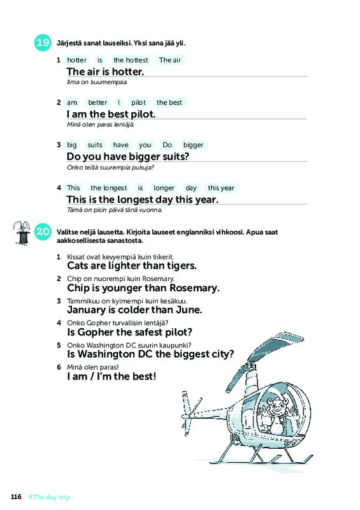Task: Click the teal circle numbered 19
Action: click(43, 43)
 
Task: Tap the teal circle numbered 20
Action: click(43, 231)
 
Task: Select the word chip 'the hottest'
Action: click(131, 60)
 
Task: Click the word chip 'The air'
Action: click(169, 60)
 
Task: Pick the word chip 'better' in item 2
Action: click(97, 103)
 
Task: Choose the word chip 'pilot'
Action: click(138, 103)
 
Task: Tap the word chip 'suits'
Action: click(95, 145)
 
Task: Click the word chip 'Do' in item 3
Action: click(167, 145)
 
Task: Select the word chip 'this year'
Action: click(221, 187)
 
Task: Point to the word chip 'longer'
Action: click(164, 187)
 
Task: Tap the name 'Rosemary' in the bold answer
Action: click(194, 288)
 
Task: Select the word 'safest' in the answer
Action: click(145, 332)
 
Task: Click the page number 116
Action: click(17, 497)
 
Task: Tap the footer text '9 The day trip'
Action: click(49, 497)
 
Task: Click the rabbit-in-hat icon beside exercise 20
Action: click(22, 233)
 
